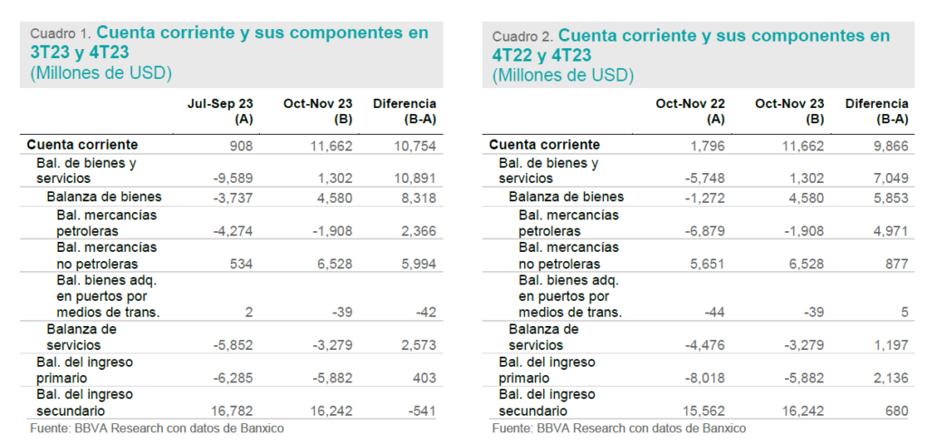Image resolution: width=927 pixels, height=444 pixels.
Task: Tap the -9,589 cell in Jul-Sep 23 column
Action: pyautogui.click(x=232, y=179)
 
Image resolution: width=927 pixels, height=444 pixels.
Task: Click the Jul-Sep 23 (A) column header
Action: pyautogui.click(x=220, y=111)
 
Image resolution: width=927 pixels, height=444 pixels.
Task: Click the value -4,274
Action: pyautogui.click(x=232, y=230)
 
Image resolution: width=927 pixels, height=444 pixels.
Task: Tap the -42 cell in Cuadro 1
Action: pyautogui.click(x=425, y=312)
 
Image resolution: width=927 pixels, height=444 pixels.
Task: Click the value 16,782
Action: pyautogui.click(x=232, y=410)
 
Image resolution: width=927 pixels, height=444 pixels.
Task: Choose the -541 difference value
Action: pyautogui.click(x=422, y=410)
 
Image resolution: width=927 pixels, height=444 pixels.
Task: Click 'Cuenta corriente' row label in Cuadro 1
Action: pyautogui.click(x=82, y=144)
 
